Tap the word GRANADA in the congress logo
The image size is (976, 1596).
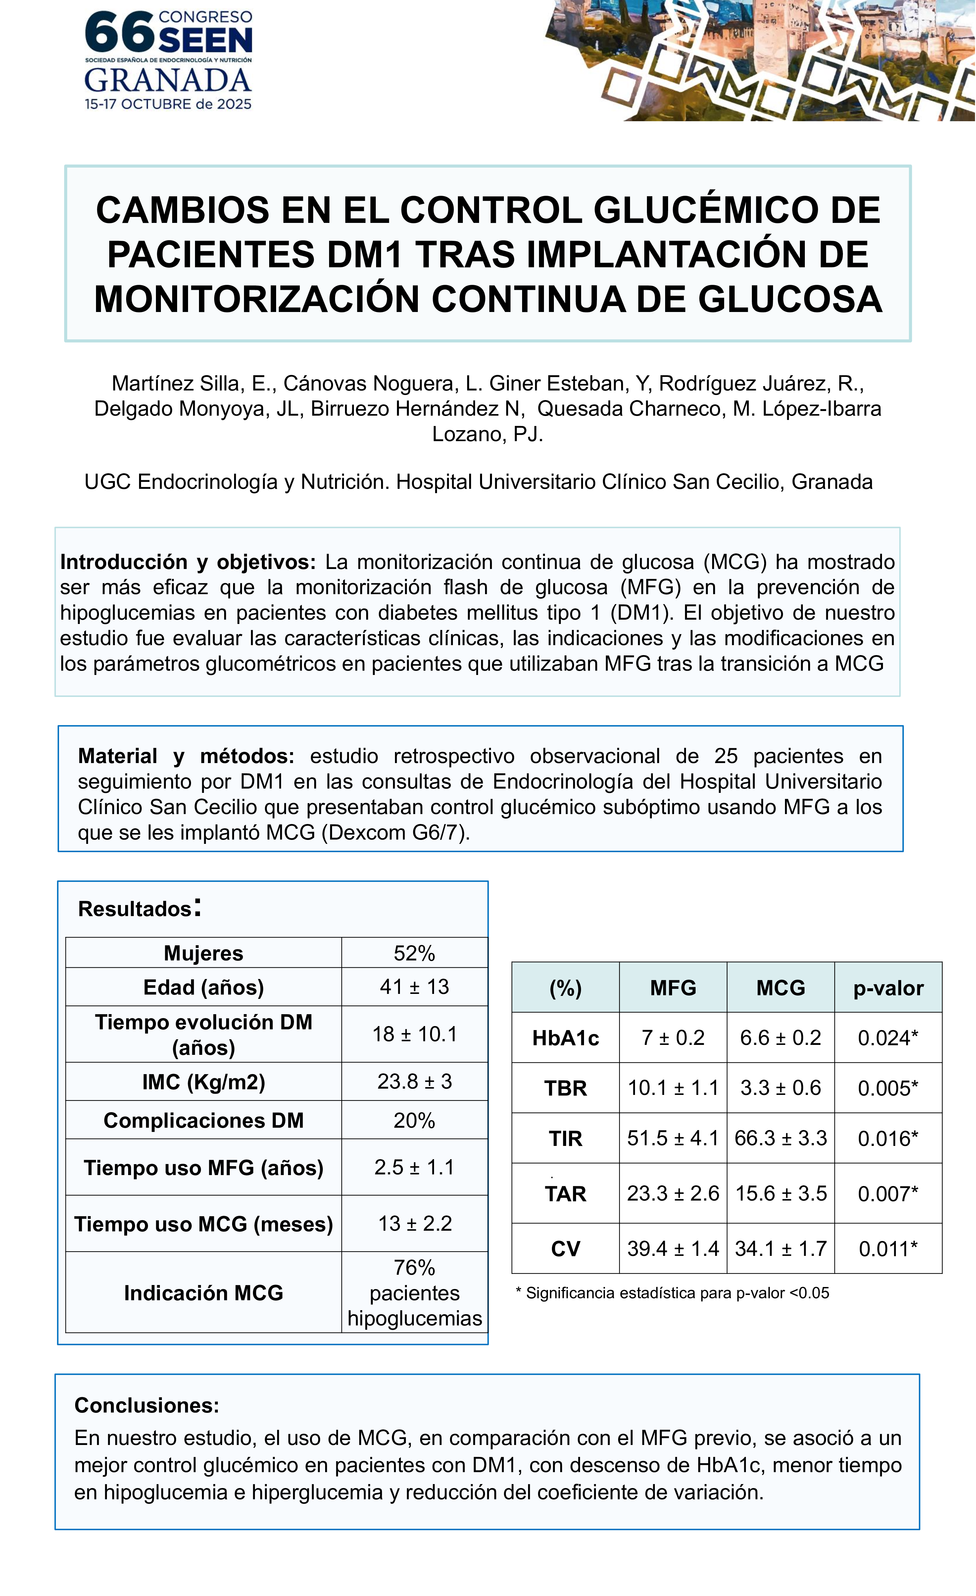pos(168,81)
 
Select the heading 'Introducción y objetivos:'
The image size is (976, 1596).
pos(188,562)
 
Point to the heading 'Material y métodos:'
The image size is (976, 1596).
pos(186,756)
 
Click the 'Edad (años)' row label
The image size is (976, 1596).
pos(203,987)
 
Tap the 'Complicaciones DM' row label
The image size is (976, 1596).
pos(203,1120)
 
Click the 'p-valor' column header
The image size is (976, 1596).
pos(888,988)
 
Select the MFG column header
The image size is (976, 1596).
pos(673,988)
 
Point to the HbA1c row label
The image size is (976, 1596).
pos(565,1038)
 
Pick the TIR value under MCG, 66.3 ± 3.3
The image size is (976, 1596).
pos(780,1138)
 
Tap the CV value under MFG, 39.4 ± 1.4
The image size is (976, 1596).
pos(673,1248)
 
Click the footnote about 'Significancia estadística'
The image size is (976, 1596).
pos(672,1293)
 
